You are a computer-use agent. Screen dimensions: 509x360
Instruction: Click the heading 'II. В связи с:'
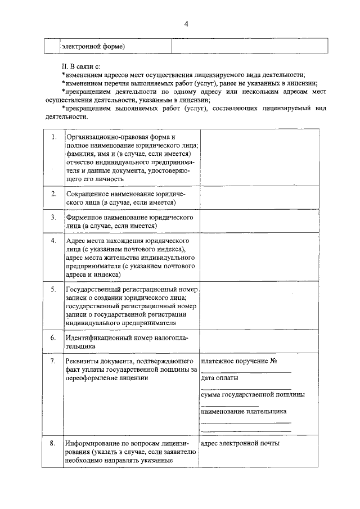point(82,66)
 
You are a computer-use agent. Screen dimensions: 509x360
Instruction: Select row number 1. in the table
point(53,137)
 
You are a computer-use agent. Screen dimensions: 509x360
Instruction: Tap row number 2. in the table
point(53,194)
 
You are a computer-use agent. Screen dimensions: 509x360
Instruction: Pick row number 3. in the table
point(53,217)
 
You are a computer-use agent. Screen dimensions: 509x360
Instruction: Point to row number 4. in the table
point(53,241)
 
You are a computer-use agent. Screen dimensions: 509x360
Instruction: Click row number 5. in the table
point(53,289)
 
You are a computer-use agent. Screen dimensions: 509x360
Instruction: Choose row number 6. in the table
point(53,338)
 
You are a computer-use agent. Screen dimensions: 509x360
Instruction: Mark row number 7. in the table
point(53,361)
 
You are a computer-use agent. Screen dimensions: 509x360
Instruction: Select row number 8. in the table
point(52,443)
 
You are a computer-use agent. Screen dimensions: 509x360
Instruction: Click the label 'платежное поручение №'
point(240,361)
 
